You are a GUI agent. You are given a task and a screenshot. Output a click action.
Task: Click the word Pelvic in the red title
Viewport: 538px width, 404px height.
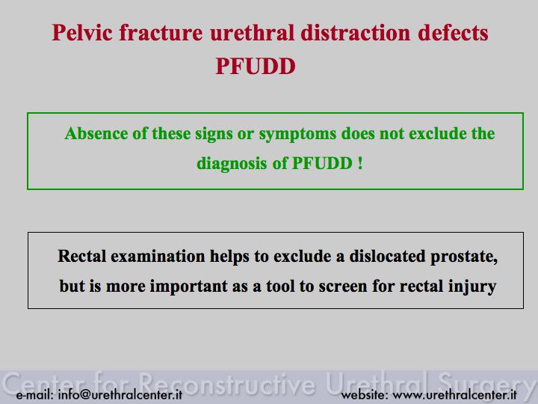pos(82,34)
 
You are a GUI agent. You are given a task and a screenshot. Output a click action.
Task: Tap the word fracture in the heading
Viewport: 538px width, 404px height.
pos(161,33)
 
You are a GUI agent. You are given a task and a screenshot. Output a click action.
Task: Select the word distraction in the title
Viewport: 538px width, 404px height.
pos(356,33)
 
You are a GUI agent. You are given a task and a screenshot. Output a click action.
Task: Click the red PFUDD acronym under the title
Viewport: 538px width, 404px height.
pos(256,66)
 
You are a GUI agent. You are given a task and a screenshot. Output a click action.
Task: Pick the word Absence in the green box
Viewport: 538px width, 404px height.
pos(96,133)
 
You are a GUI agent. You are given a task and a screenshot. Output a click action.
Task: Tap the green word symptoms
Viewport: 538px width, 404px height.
pos(297,135)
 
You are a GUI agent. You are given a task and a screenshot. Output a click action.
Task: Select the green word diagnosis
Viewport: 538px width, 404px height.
pos(232,164)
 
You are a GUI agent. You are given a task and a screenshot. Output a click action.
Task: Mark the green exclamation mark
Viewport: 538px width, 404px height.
pos(360,163)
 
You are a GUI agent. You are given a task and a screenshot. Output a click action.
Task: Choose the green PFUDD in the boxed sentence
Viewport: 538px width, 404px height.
pos(322,163)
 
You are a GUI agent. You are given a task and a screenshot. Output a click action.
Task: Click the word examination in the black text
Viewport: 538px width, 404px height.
pos(158,257)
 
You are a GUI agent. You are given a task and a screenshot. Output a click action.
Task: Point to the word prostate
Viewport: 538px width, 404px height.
pos(464,257)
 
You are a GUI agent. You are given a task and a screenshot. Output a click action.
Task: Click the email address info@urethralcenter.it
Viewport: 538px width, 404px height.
pos(120,394)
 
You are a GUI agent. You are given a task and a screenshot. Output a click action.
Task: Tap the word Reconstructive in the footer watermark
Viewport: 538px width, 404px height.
pos(227,383)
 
